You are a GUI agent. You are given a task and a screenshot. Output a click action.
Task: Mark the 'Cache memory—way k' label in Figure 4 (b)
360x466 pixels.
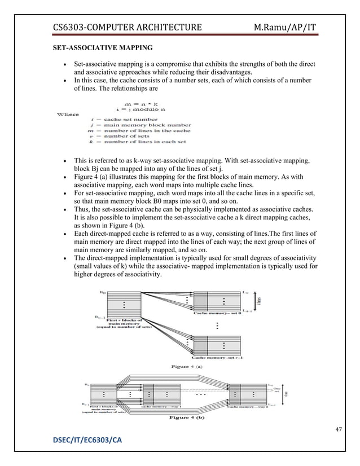coord(248,405)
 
